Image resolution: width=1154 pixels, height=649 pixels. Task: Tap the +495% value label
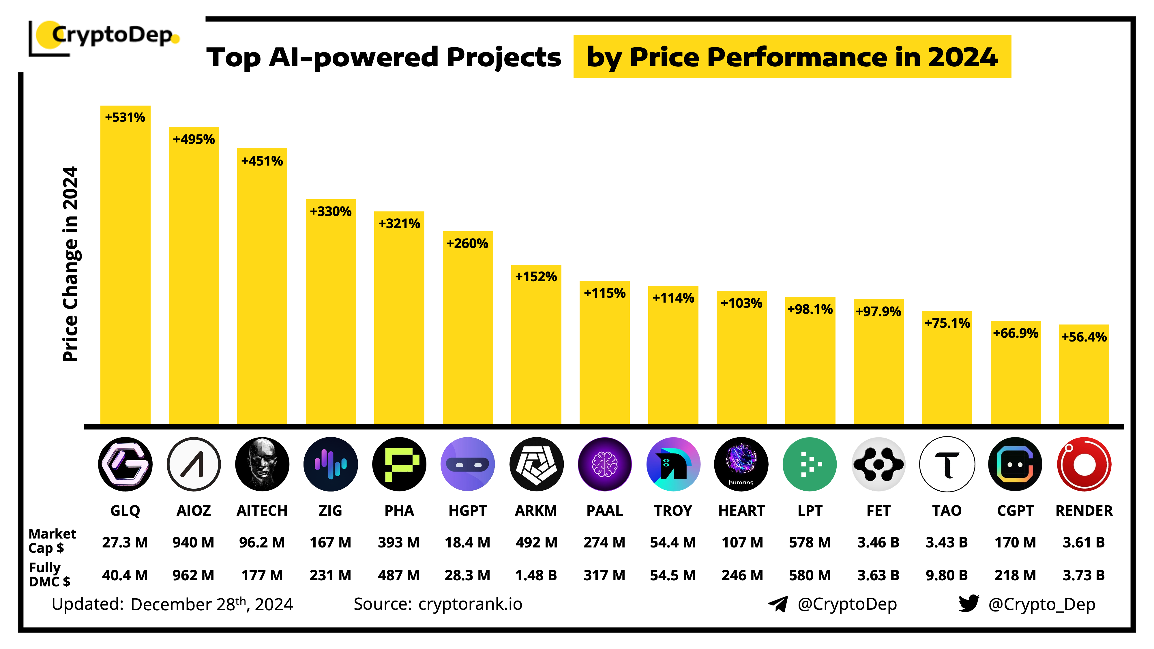click(194, 139)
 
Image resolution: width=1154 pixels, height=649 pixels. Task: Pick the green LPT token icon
click(810, 464)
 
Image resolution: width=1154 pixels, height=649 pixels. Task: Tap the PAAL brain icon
click(604, 464)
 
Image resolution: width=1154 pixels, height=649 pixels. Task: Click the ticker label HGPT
click(467, 511)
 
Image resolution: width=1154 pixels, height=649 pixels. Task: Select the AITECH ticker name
click(262, 511)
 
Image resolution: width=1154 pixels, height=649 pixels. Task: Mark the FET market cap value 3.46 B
click(878, 542)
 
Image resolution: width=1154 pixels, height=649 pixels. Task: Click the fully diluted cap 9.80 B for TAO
click(947, 575)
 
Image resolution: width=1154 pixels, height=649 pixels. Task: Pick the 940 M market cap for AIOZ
click(194, 542)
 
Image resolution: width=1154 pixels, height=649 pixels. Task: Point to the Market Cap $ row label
click(52, 541)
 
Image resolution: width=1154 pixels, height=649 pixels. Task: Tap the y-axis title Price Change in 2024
click(71, 264)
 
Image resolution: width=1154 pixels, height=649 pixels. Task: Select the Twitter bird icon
click(968, 603)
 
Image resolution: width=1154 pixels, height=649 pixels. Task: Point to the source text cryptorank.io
click(470, 604)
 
